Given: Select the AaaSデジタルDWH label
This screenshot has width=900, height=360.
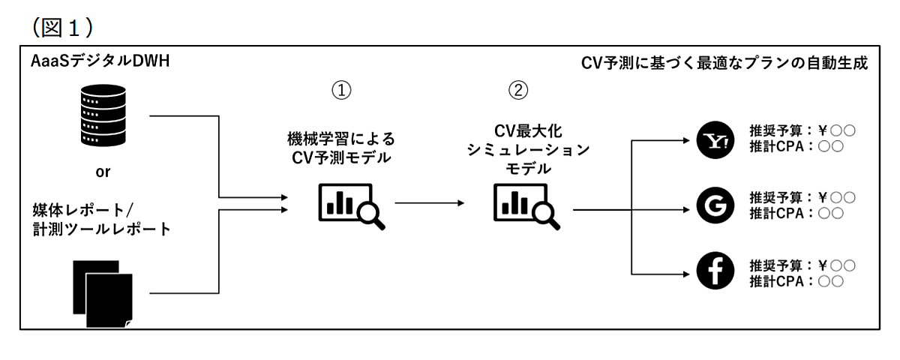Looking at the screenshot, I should (x=100, y=62).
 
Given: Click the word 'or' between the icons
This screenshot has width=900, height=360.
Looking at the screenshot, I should (x=103, y=172).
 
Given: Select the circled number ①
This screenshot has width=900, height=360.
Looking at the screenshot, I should (x=341, y=91).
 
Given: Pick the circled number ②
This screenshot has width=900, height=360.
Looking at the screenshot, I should (x=518, y=91).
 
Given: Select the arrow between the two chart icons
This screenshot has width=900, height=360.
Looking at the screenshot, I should (x=429, y=202).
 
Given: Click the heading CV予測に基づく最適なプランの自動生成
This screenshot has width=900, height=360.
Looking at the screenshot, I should (x=724, y=63).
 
